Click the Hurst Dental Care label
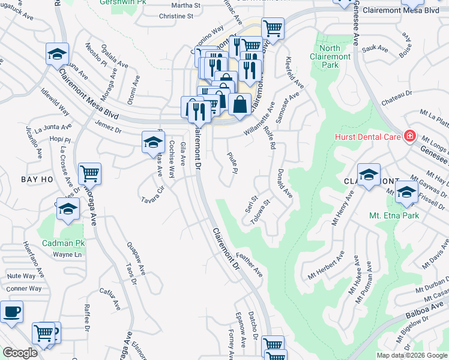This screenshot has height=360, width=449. (367, 137)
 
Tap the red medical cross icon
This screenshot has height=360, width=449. (410, 136)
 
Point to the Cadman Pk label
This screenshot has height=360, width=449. (64, 243)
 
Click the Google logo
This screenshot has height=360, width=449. (20, 353)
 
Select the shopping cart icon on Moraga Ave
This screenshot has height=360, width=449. (89, 174)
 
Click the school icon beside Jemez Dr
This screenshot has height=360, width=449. (153, 142)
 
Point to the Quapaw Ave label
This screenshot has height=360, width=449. (136, 259)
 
